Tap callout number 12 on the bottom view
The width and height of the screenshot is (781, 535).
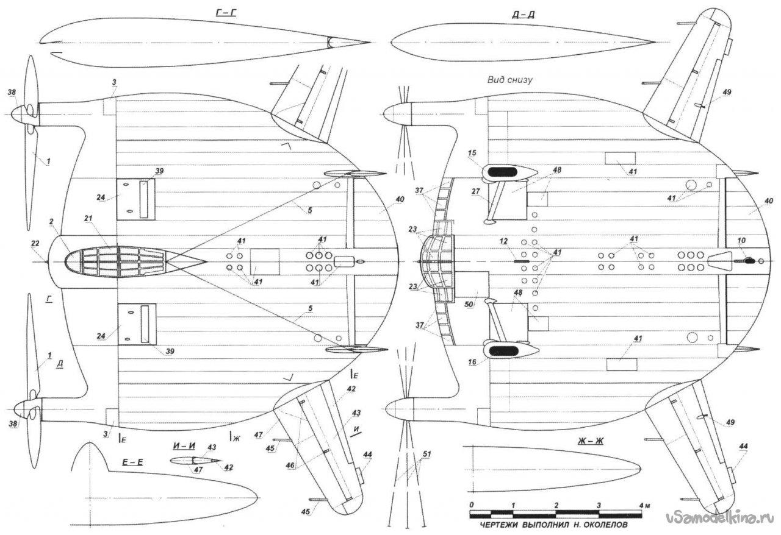click(504, 242)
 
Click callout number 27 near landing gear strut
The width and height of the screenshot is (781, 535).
click(476, 191)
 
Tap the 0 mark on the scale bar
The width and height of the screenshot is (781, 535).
click(471, 506)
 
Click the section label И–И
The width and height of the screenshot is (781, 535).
click(185, 447)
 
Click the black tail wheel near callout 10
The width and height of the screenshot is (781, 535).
click(749, 260)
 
